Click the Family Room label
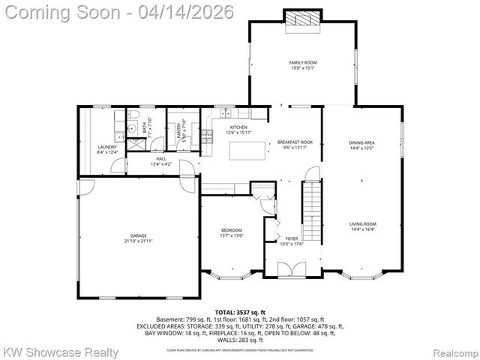coord(301,62)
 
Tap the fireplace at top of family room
coord(301,19)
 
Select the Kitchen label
coord(238,127)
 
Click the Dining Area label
coord(361,142)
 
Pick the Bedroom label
coord(231,229)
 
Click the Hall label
coord(161,159)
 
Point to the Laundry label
coord(108,147)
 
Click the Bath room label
coord(145,127)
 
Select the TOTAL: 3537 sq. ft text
coord(240,312)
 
